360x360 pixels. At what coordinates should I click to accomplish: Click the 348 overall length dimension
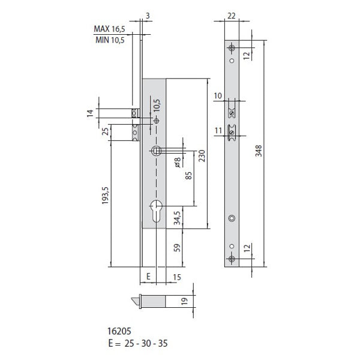(x=259, y=151)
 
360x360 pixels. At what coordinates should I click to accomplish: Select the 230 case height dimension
(x=202, y=155)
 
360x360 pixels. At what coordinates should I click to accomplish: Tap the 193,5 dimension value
(x=105, y=196)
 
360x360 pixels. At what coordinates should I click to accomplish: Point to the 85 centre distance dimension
(x=188, y=176)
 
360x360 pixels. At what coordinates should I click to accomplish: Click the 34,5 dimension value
(x=177, y=218)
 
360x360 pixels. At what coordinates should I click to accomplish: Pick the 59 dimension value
(x=177, y=247)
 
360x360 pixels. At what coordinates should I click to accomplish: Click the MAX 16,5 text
(x=110, y=29)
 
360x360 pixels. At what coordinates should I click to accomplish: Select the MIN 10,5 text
(x=110, y=40)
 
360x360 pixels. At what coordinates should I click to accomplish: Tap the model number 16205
(x=119, y=331)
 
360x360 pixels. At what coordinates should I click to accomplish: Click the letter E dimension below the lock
(x=148, y=277)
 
